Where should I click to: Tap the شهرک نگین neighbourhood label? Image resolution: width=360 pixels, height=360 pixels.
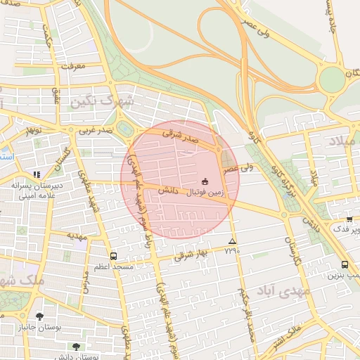coord(101,101)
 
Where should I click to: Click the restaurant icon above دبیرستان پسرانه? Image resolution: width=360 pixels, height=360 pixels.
coord(37,174)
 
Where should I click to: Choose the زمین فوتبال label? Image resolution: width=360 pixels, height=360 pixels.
coord(206,191)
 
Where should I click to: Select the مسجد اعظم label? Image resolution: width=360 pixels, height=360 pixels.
coord(108,268)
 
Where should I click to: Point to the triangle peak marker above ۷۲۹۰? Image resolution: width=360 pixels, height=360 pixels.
coord(233,241)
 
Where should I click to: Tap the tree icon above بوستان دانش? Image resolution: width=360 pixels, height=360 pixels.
coord(76,347)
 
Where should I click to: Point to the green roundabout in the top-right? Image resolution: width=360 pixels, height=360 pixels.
coord(332,79)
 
